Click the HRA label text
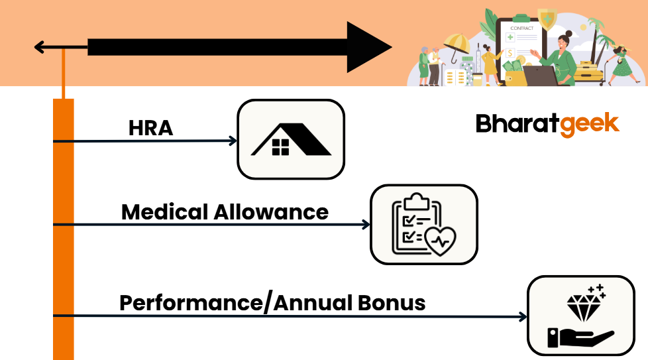coord(150,127)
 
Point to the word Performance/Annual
coord(226,303)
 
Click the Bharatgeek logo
coord(547,124)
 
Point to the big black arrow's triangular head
coord(368,47)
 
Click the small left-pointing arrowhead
coord(39,47)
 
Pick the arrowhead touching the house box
coord(233,141)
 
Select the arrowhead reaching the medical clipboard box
coord(366,225)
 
